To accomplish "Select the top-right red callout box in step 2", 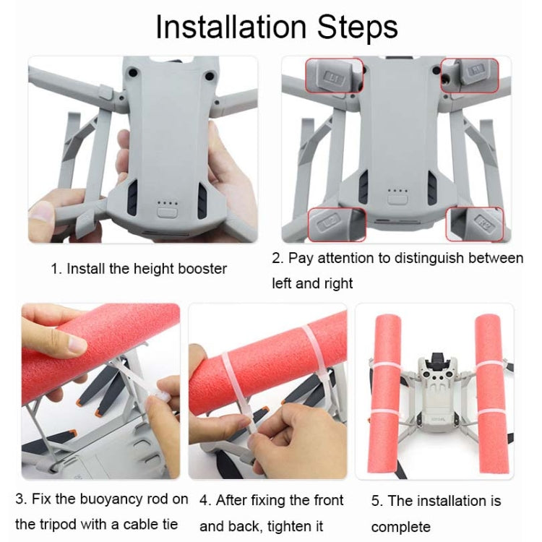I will pos(470,75).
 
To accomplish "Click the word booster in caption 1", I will pos(202,269).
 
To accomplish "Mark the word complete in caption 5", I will pos(400,526).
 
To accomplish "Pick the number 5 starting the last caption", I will pos(376,501).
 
